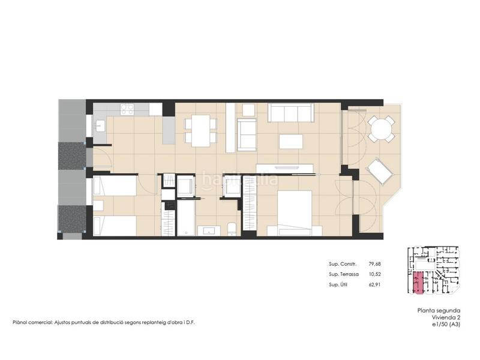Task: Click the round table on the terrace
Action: click(381, 129)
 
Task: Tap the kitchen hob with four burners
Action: click(127, 109)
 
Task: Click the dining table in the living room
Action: click(201, 131)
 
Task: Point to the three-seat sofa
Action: click(291, 112)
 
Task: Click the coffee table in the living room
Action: click(291, 142)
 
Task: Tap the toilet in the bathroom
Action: click(232, 229)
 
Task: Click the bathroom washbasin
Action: click(209, 231)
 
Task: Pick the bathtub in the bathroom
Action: click(186, 218)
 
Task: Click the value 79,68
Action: click(374, 264)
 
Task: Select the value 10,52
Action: click(374, 274)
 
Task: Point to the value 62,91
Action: click(374, 284)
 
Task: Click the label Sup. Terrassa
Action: click(344, 274)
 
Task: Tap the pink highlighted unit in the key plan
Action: click(418, 283)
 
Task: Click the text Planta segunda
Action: click(439, 310)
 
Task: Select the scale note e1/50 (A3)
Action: click(446, 325)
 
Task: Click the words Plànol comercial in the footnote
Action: click(32, 322)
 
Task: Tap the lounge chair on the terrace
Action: click(380, 172)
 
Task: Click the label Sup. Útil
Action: click(338, 284)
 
